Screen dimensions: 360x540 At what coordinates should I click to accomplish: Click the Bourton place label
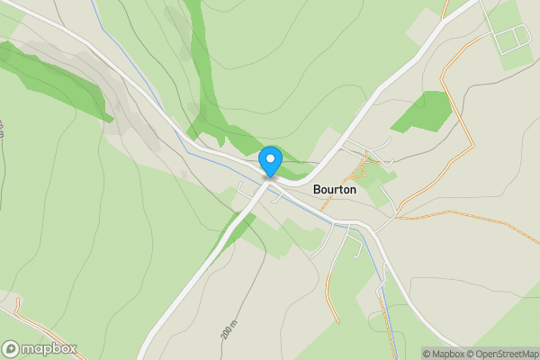pos(335,190)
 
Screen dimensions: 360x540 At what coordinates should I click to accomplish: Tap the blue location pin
pos(270,161)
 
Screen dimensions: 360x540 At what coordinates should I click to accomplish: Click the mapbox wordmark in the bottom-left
pos(49,348)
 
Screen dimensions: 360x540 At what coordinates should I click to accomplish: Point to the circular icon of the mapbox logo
pos(11,348)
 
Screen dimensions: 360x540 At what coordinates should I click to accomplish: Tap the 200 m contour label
pos(227,328)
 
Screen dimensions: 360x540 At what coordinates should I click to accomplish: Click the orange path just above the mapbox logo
pos(27,315)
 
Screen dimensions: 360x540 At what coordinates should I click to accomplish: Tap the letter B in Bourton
pos(318,190)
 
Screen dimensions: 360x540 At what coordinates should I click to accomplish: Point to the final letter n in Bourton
pos(352,190)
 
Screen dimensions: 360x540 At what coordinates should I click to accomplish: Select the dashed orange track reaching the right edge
pos(486,214)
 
